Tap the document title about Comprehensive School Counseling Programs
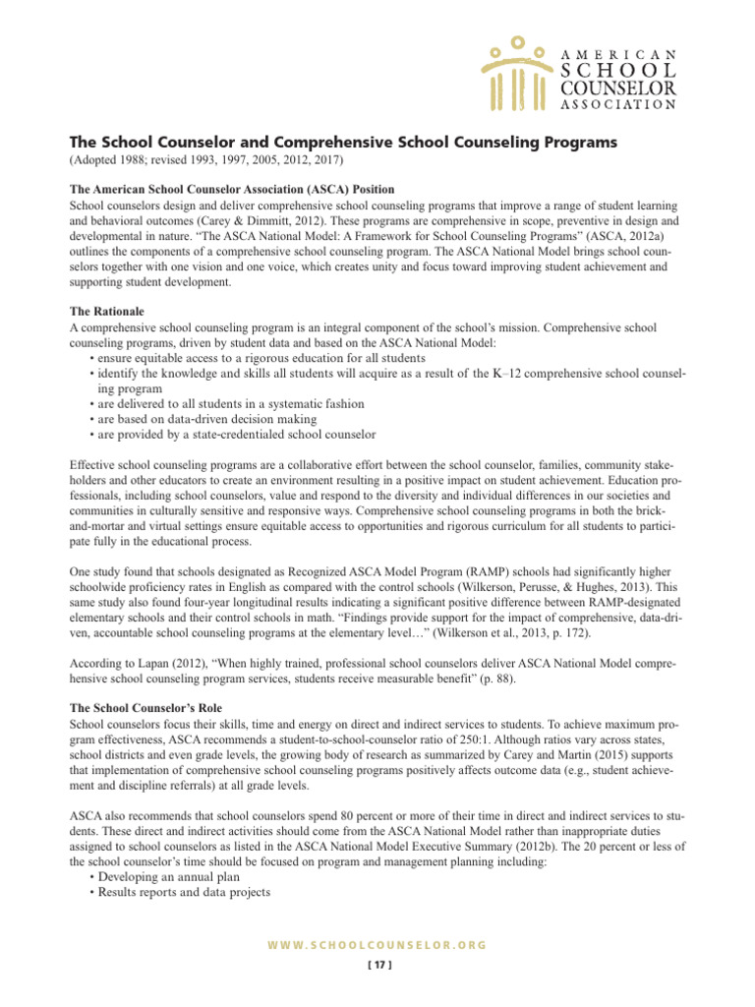coord(342,143)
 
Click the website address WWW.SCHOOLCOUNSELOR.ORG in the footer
coord(377,944)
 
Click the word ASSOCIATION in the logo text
coord(617,105)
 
